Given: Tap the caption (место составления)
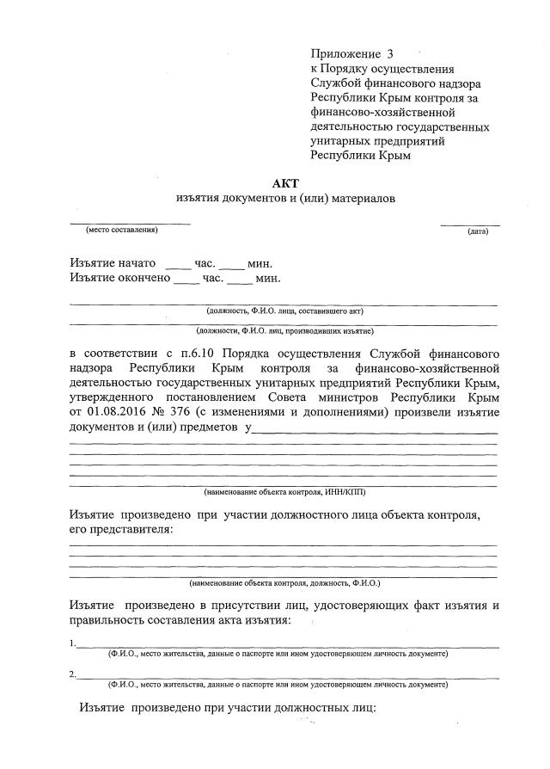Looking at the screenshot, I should click(x=120, y=230).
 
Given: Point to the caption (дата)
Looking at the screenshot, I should click(x=477, y=231).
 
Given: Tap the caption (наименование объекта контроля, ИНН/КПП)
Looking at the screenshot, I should click(x=284, y=492).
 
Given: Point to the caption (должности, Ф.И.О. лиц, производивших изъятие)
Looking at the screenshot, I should click(x=284, y=329).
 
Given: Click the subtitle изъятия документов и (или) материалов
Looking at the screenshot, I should click(x=284, y=199).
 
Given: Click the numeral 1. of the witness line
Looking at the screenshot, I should click(x=72, y=643).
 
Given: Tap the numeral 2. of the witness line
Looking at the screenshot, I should click(x=72, y=674).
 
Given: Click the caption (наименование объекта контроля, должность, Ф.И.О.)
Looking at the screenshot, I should click(x=284, y=582).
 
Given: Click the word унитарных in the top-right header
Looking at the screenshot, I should click(x=339, y=141).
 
